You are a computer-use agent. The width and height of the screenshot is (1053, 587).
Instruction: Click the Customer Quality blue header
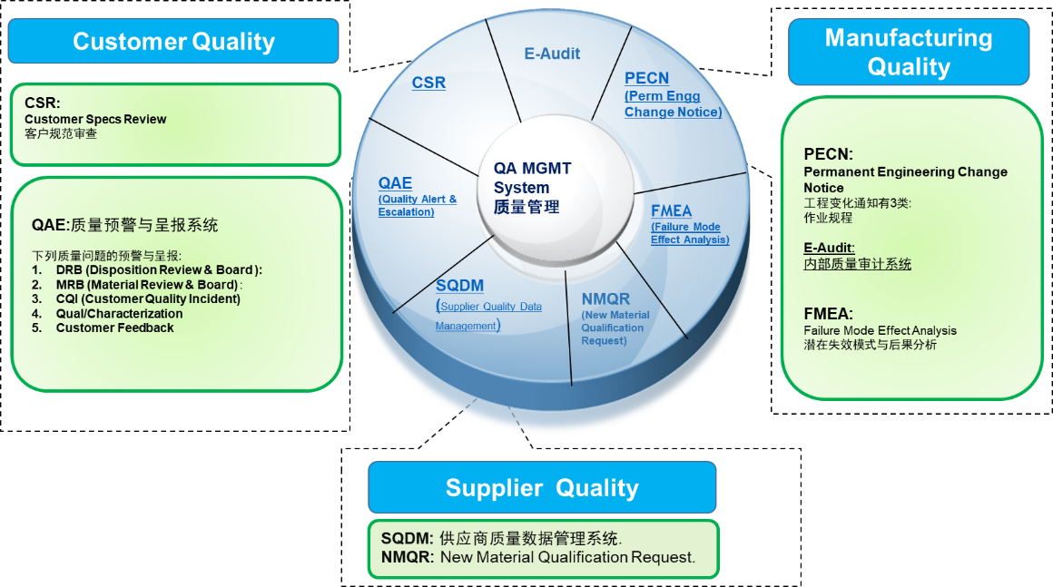[x=173, y=42]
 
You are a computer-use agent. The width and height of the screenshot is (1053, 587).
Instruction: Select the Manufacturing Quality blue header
[x=908, y=52]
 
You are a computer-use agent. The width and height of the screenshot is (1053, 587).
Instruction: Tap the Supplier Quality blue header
[x=542, y=488]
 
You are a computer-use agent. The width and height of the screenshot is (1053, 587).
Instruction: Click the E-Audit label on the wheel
[x=552, y=54]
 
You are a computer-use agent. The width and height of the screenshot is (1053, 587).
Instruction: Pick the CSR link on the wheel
[x=428, y=83]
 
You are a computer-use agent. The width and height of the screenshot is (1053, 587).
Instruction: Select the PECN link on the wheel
[x=646, y=78]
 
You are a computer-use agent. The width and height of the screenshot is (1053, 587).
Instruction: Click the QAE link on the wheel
[x=395, y=182]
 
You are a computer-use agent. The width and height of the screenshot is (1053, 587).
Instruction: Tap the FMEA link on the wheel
[x=671, y=211]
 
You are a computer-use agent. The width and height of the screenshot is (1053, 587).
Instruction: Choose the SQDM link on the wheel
[x=459, y=287]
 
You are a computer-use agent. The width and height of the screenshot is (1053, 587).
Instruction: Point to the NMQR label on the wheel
[x=605, y=298]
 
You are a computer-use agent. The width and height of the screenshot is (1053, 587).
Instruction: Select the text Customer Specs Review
[x=95, y=119]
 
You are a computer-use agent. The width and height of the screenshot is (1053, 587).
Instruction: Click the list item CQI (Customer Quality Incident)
[x=148, y=298]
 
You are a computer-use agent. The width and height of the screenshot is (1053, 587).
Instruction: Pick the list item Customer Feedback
[x=114, y=328]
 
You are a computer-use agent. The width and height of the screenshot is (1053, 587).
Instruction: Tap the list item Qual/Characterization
[x=119, y=313]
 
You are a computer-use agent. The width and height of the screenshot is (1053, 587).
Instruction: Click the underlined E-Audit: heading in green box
[x=829, y=247]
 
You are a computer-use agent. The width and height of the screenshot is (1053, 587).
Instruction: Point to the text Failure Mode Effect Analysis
[x=880, y=330]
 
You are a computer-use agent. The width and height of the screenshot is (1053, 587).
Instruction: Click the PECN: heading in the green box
[x=828, y=154]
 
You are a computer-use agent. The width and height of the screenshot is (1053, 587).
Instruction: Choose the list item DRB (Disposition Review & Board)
[x=158, y=269]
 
